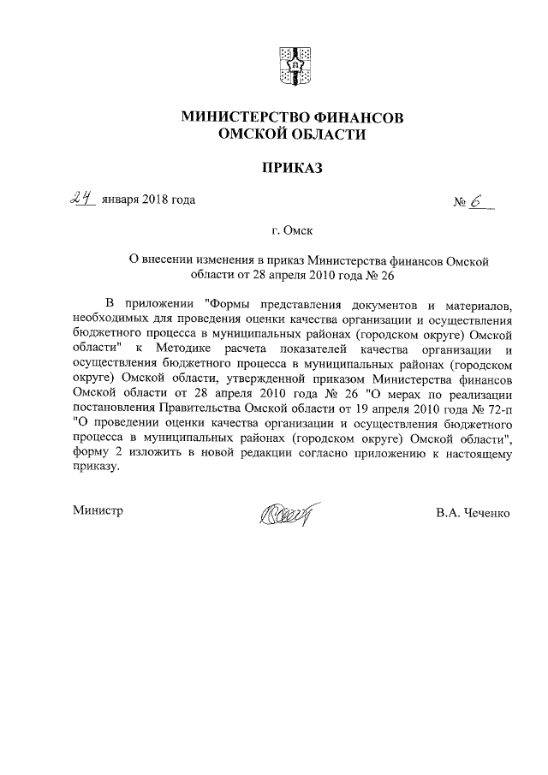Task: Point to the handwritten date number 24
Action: coord(82,199)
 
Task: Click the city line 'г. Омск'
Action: coord(293,231)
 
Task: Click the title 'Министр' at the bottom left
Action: coord(99,511)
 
